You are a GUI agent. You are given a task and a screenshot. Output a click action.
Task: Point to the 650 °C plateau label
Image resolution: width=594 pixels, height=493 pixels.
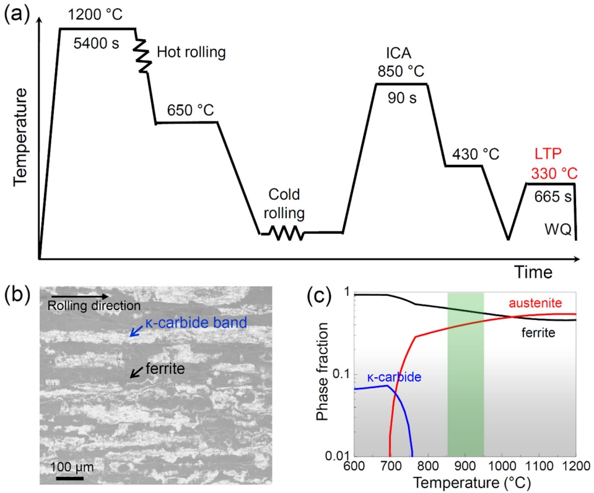pyautogui.click(x=190, y=110)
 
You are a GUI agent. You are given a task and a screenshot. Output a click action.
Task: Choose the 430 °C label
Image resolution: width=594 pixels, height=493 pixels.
pyautogui.click(x=475, y=154)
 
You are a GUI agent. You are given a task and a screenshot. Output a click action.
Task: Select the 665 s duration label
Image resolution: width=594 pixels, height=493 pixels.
pyautogui.click(x=551, y=197)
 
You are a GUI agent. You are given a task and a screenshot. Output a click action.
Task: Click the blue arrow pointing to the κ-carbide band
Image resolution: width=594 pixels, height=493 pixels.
pyautogui.click(x=135, y=332)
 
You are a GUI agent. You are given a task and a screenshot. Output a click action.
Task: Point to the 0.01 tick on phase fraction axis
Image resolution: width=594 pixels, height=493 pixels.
pyautogui.click(x=338, y=456)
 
